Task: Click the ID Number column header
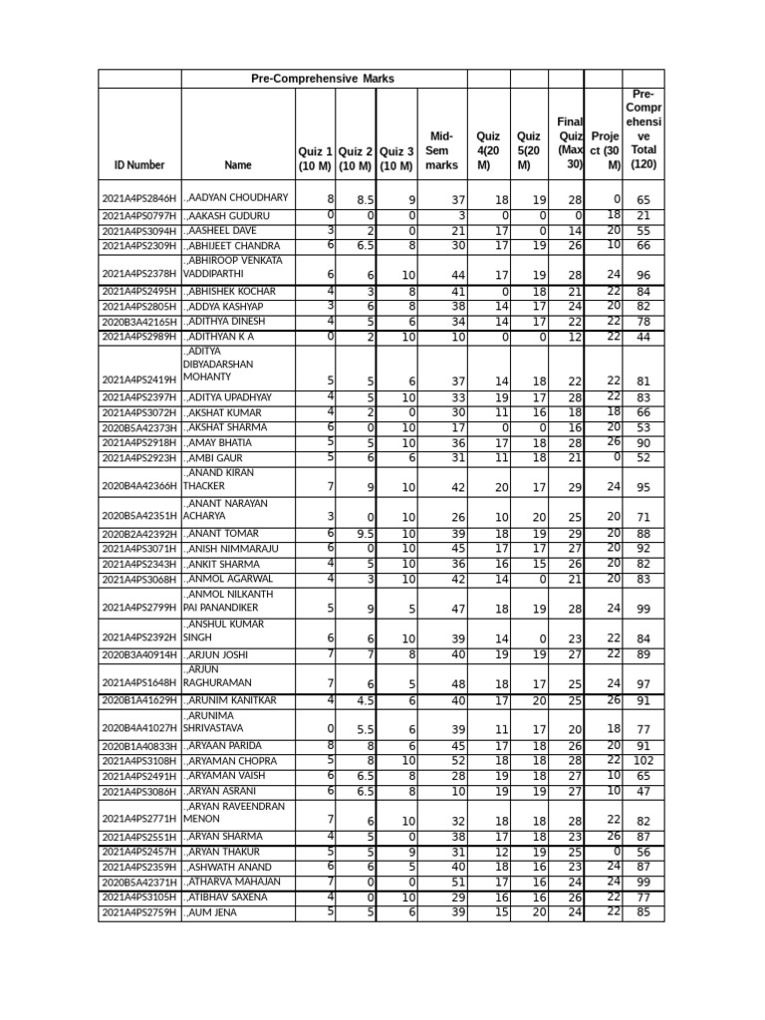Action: point(139,165)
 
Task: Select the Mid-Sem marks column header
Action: point(441,150)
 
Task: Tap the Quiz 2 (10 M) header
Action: point(357,157)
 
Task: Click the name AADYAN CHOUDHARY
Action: point(236,198)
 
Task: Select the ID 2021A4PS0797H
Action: point(139,216)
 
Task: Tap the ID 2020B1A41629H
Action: point(139,701)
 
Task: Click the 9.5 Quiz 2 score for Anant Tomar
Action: point(363,534)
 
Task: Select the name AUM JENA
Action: point(212,911)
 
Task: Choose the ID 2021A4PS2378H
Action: point(139,274)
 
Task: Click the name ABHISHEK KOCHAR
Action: point(232,291)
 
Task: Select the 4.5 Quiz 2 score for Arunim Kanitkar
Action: point(363,701)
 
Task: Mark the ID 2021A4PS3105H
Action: point(139,896)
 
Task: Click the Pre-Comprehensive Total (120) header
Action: point(642,128)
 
